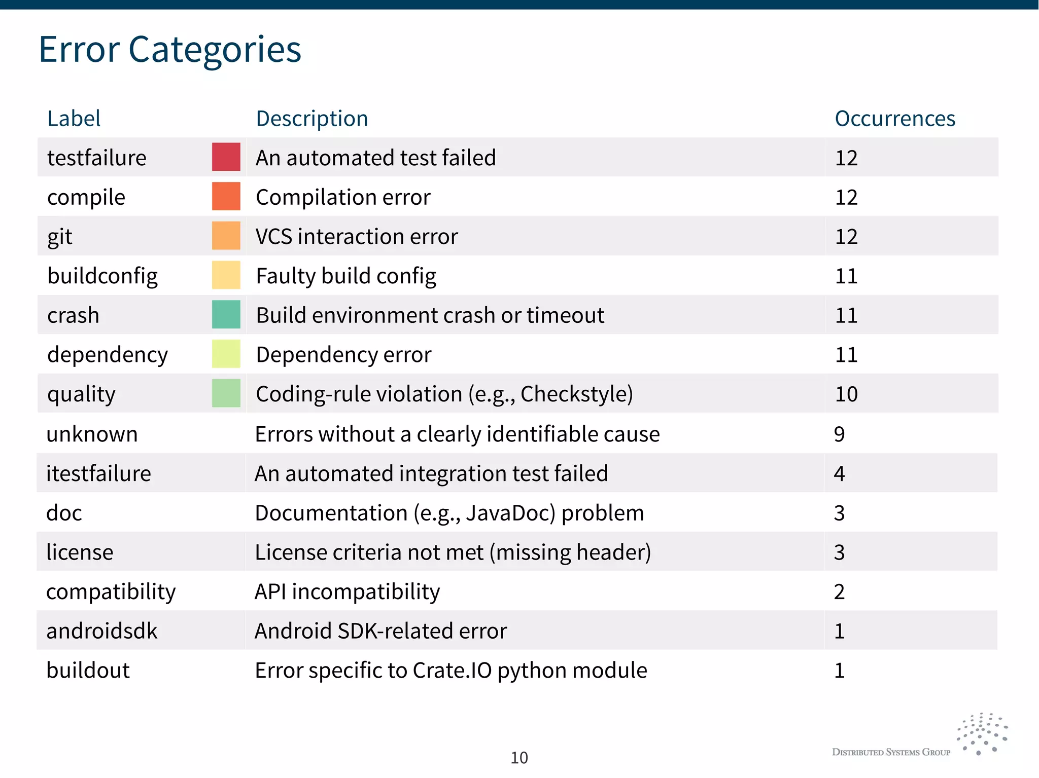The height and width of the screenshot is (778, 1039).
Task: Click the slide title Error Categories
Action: [x=170, y=50]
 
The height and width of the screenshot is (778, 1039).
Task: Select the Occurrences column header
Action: [x=894, y=119]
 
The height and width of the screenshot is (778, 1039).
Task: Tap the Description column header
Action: [x=311, y=119]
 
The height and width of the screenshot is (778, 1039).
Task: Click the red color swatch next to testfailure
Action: [x=226, y=157]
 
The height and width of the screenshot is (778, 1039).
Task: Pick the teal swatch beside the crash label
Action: [x=226, y=315]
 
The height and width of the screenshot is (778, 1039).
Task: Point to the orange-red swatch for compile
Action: [x=226, y=197]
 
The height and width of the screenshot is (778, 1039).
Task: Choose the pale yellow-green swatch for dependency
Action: [x=226, y=354]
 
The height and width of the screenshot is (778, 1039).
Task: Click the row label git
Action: [x=60, y=237]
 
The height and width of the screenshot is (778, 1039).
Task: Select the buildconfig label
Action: [x=102, y=276]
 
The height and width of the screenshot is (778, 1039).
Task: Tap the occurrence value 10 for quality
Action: [x=846, y=394]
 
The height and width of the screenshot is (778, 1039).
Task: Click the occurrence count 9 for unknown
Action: [x=839, y=434]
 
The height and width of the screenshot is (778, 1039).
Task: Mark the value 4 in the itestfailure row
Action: [x=839, y=473]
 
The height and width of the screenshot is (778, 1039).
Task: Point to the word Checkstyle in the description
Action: [x=576, y=394]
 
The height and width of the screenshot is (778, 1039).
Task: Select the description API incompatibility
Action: [x=347, y=591]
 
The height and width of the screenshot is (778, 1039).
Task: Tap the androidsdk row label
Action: [x=101, y=631]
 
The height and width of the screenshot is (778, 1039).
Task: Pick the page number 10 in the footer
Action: [x=519, y=758]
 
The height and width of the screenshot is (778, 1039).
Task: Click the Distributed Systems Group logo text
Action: [x=891, y=752]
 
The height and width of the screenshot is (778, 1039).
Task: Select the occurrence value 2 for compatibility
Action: [x=839, y=591]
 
